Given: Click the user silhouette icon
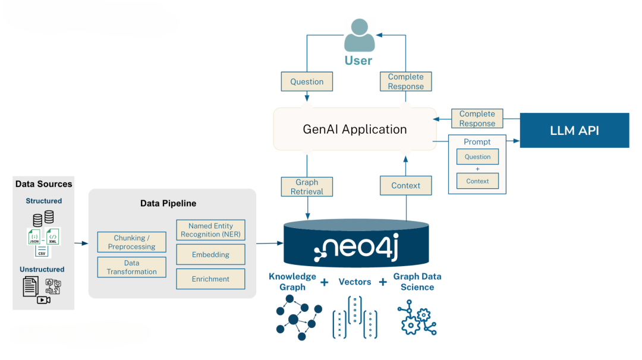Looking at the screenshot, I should (359, 35).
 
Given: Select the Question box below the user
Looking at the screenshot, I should (307, 81).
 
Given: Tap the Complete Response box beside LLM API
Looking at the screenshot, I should (477, 119).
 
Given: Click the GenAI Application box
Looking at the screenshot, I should (355, 129).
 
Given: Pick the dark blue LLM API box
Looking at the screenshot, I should (574, 130).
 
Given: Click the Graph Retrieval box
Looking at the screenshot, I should (307, 187).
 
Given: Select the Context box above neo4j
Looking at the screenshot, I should (406, 186).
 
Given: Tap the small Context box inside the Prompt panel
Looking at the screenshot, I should (477, 181).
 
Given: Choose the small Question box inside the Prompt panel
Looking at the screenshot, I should (477, 157).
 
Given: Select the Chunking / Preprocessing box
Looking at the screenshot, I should (131, 242).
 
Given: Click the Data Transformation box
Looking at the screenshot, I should (131, 267).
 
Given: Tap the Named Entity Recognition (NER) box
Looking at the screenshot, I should (210, 230).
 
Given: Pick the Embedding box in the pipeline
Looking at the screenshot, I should (210, 254).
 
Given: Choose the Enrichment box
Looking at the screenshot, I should (210, 279).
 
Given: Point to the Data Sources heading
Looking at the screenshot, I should (43, 184).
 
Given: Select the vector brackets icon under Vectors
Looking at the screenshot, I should (355, 318).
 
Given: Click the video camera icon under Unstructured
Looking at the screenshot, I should (43, 300).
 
